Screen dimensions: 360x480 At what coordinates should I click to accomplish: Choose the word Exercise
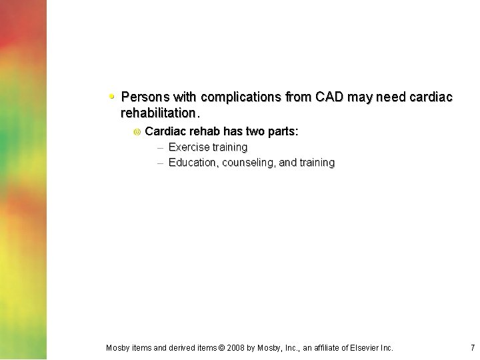pyautogui.click(x=189, y=147)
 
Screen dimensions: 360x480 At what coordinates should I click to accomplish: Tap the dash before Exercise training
pyautogui.click(x=160, y=147)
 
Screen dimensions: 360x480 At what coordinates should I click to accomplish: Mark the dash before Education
pyautogui.click(x=160, y=163)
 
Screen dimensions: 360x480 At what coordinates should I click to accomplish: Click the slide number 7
pyautogui.click(x=472, y=347)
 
